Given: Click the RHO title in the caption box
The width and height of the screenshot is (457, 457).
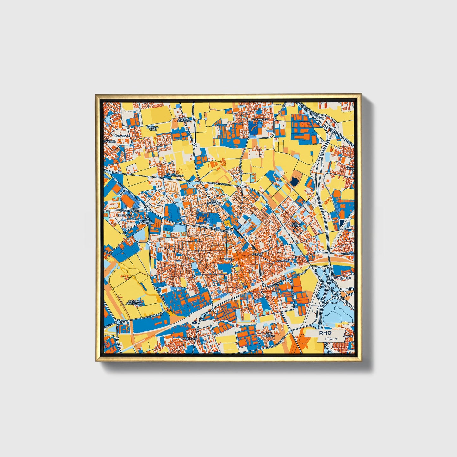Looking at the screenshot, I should coord(325,333).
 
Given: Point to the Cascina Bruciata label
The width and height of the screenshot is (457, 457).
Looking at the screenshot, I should coord(184,120).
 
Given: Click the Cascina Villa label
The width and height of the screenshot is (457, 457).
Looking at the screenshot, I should coord(153,128).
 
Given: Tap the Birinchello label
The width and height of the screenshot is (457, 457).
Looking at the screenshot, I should coord(175,175).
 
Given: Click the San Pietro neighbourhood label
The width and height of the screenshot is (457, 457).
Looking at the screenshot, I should coord(295,225).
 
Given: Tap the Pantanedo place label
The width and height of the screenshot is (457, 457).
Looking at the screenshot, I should coord(342,278).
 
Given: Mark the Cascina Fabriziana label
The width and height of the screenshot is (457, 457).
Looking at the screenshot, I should coord(135,302).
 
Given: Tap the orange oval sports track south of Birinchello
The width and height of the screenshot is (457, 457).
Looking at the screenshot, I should coord(172,187).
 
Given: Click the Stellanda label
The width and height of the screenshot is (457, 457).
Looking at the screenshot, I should coord(126,215).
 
